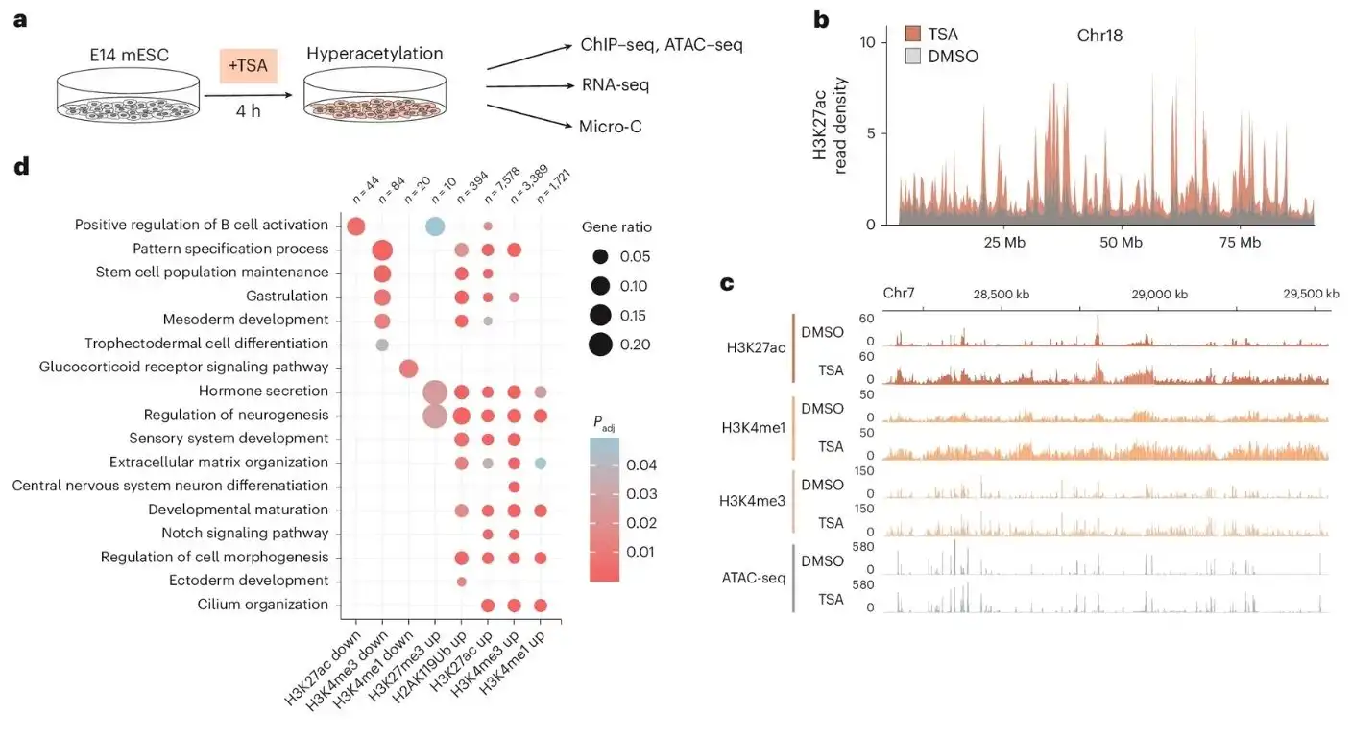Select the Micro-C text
pyautogui.click(x=610, y=127)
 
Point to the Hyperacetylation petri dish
pyautogui.click(x=361, y=98)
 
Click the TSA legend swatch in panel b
pyautogui.click(x=911, y=35)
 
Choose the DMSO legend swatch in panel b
pyautogui.click(x=911, y=57)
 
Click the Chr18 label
pyautogui.click(x=1099, y=36)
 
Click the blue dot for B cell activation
pyautogui.click(x=434, y=226)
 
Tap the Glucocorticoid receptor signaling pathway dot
pyautogui.click(x=407, y=368)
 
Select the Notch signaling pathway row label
pyautogui.click(x=248, y=534)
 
